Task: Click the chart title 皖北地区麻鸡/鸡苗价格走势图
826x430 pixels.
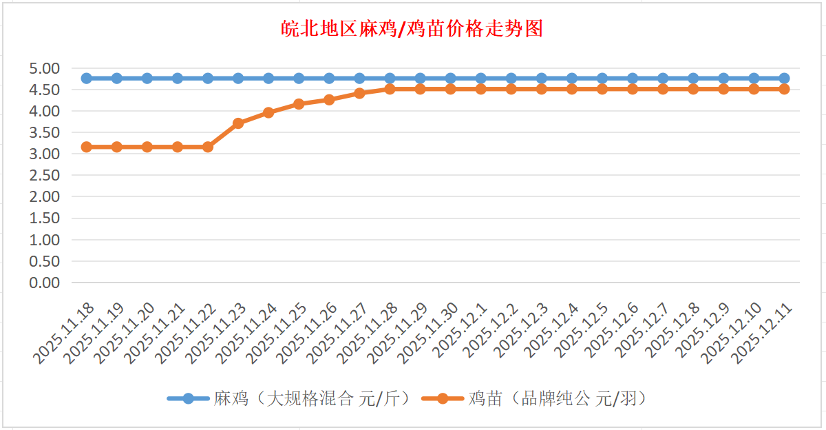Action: tap(412, 29)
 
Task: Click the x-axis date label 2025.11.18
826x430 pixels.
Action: tap(66, 334)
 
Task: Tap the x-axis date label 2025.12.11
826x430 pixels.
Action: tap(763, 334)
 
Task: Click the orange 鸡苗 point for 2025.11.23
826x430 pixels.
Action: tap(238, 123)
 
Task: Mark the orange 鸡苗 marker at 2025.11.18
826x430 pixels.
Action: tap(87, 147)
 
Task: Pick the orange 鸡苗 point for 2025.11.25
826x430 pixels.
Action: tap(299, 104)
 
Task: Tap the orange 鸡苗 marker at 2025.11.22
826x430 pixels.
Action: tap(208, 147)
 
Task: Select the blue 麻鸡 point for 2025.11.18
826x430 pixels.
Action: tap(87, 78)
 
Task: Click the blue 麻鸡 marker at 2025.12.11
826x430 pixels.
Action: tap(784, 78)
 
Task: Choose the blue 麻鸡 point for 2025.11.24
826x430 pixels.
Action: tap(268, 78)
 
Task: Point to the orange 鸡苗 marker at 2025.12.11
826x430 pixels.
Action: tap(784, 89)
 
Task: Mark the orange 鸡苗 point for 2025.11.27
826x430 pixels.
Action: tap(359, 93)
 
